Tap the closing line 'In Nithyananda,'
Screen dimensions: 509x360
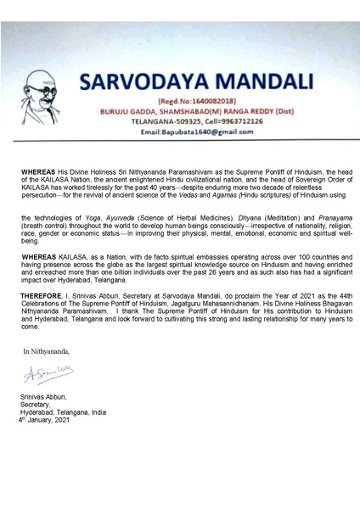click(47, 350)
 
